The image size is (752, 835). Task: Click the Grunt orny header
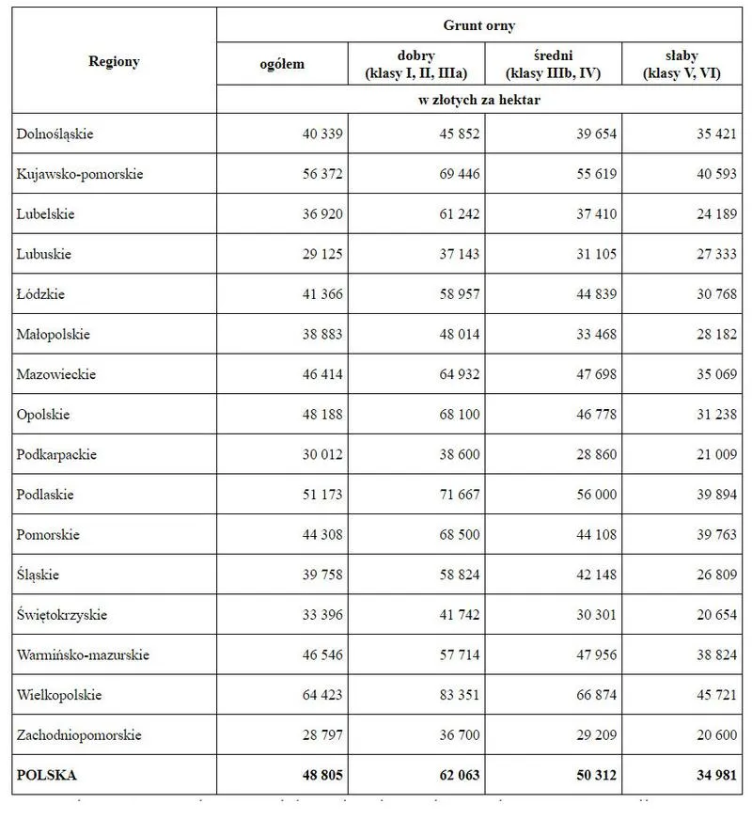478,26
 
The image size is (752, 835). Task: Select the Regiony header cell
114,62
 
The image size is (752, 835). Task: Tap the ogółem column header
282,64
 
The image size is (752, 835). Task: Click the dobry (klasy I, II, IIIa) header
416,64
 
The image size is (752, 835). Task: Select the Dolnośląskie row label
55,134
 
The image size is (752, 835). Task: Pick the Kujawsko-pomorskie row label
80,174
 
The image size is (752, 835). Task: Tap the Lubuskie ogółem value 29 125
322,255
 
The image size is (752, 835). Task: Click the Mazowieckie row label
55,374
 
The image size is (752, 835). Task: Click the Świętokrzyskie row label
62,615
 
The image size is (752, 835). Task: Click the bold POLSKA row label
46,776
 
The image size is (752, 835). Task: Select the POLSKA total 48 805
322,776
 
